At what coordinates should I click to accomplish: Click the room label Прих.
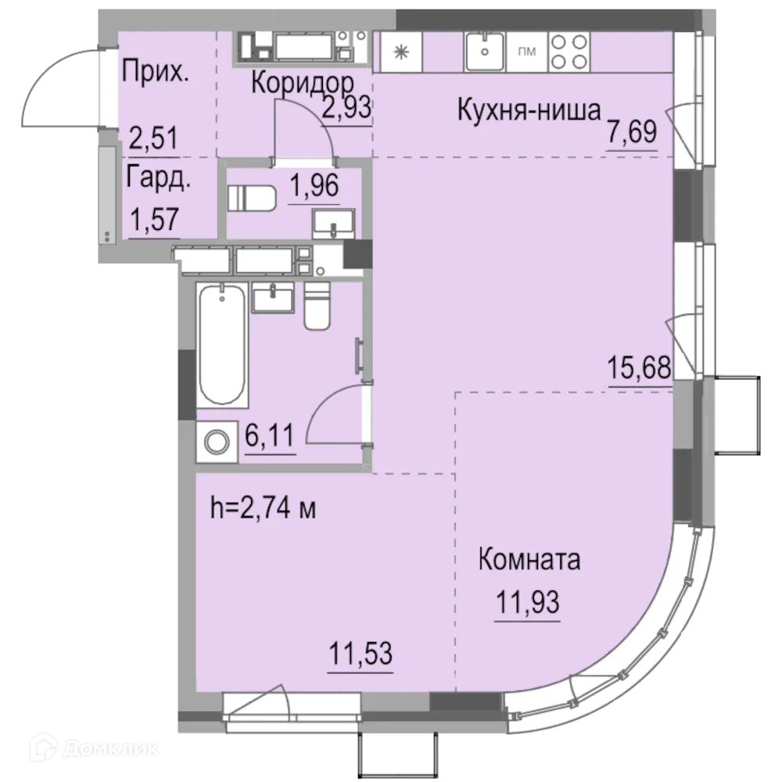[x=156, y=72]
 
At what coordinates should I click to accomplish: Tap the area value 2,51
[x=153, y=138]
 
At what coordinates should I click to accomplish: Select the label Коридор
[x=303, y=83]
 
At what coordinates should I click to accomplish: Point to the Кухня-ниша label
[x=529, y=110]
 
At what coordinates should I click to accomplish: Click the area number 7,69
[x=632, y=131]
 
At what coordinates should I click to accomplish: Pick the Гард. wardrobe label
[x=158, y=177]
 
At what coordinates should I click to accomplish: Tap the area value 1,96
[x=314, y=185]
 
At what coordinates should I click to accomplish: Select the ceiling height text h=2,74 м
[x=263, y=508]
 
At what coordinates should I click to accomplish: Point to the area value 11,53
[x=361, y=653]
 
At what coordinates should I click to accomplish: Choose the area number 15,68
[x=639, y=368]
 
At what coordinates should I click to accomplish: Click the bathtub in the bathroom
[x=222, y=345]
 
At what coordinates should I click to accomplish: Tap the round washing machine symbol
[x=217, y=442]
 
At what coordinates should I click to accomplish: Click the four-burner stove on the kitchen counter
[x=569, y=52]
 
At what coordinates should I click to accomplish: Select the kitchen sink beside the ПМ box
[x=484, y=52]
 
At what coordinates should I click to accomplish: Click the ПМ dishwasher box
[x=526, y=52]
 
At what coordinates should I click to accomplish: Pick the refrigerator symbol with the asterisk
[x=401, y=52]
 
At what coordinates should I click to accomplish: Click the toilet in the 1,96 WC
[x=252, y=199]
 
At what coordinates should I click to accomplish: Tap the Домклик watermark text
[x=95, y=748]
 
